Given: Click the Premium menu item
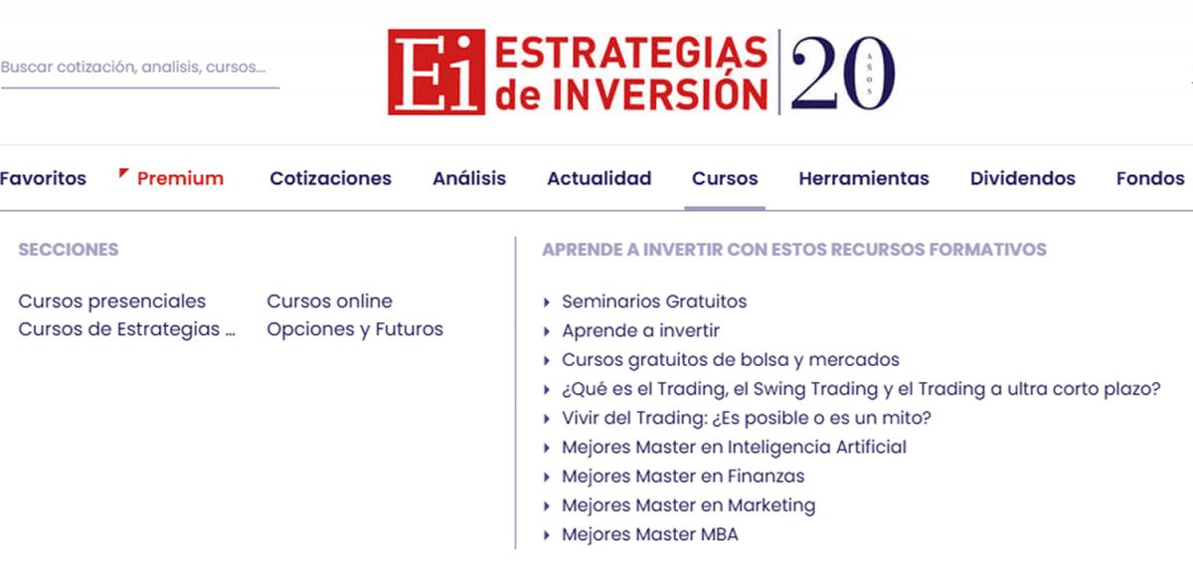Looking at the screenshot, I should (180, 179).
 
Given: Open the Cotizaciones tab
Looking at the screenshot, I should (330, 179).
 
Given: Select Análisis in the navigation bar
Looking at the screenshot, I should (469, 179).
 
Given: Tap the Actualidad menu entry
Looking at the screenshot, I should (598, 179).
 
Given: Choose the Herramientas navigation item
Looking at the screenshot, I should (863, 179).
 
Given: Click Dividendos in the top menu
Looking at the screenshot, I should (1022, 179).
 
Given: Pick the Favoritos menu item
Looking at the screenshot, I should (43, 179).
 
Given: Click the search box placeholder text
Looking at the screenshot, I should (133, 68).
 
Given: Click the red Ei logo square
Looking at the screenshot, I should (435, 72).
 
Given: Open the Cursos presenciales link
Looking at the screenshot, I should (112, 301).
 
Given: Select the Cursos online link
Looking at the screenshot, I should (329, 301).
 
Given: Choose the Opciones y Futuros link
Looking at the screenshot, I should (355, 329).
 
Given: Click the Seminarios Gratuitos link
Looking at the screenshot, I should (654, 301).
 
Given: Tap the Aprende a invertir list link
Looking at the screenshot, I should (640, 330).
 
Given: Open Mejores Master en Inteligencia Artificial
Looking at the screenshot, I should (734, 447).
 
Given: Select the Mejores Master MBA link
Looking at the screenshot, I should (649, 534).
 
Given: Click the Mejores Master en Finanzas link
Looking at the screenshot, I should (683, 477).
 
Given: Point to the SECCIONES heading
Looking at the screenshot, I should (68, 250).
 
